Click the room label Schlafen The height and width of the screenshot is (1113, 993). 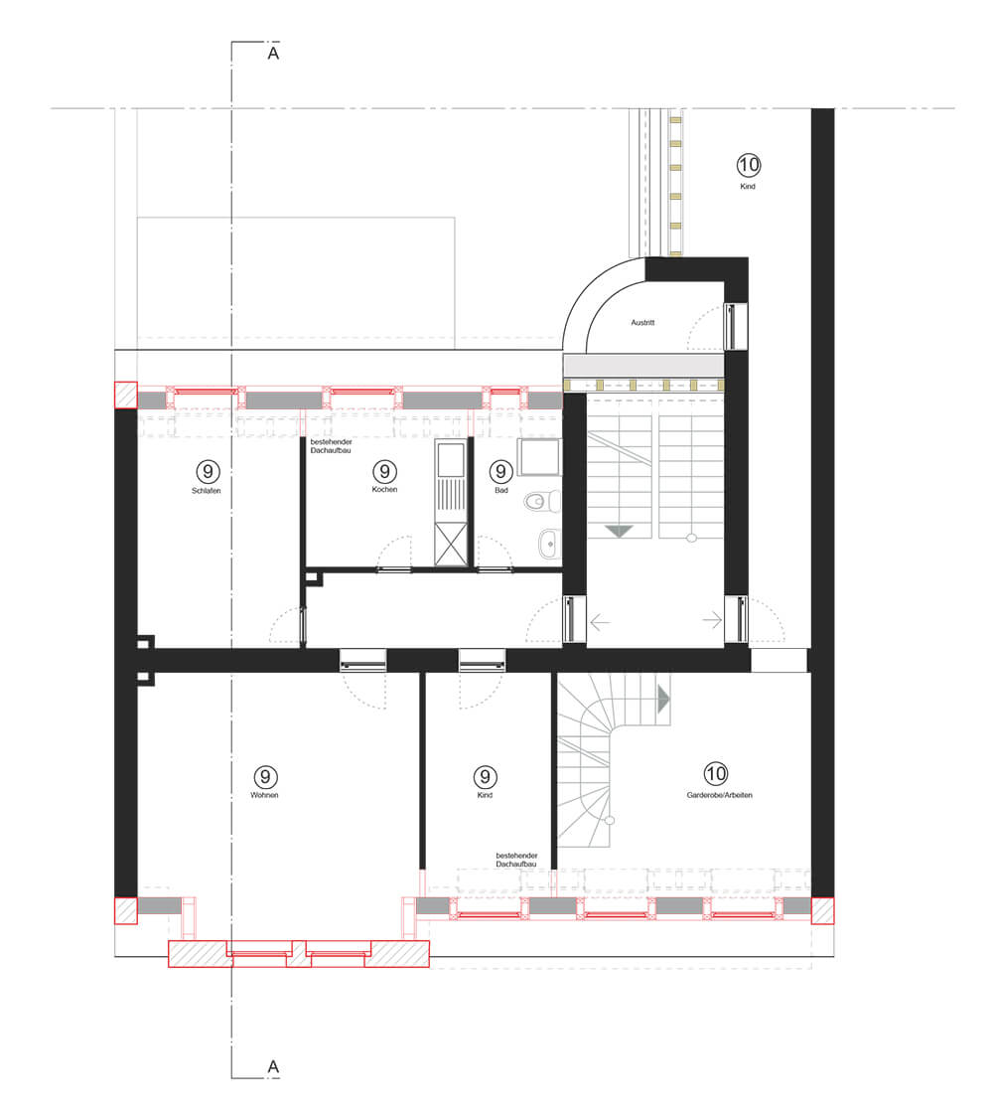[207, 491]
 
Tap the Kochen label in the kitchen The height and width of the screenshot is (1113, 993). [384, 489]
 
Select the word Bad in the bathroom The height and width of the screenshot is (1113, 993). [500, 491]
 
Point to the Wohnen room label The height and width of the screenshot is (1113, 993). [264, 795]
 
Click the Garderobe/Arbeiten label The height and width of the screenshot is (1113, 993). [719, 795]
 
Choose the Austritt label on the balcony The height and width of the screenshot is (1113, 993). [642, 322]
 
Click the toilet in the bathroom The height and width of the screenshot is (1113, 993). [542, 502]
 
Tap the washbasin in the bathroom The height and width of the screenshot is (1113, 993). [549, 544]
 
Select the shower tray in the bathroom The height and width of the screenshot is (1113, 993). [539, 457]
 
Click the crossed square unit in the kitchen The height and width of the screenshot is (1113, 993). [451, 544]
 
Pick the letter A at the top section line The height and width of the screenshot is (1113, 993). [273, 54]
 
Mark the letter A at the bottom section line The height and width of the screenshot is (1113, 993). [273, 1066]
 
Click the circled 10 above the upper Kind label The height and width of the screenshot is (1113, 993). [749, 165]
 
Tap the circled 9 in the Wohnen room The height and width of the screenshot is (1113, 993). [265, 776]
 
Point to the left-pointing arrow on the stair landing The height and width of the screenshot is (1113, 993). [600, 622]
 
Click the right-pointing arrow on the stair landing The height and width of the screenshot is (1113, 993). [712, 620]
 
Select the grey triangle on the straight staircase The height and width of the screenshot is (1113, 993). [619, 531]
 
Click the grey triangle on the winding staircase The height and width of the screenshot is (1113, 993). [663, 699]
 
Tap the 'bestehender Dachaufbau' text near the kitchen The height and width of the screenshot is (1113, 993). [332, 446]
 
